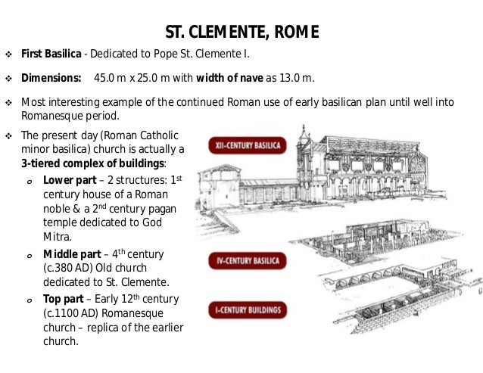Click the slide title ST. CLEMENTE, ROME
tap(241, 32)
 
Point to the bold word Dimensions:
tap(51, 79)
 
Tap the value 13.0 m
tap(296, 79)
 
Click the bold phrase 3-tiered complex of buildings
tap(92, 164)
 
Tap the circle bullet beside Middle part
tap(27, 254)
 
